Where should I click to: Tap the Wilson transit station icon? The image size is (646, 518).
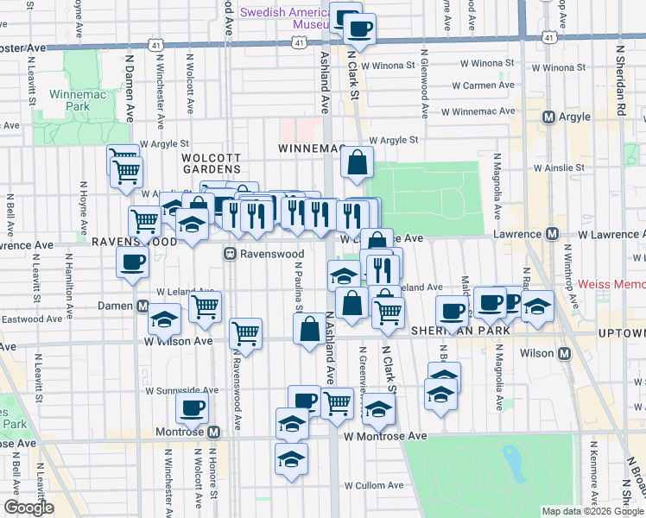coord(565,354)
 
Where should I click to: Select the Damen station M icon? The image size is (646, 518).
coord(142,306)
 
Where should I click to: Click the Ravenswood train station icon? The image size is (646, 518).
coord(231,254)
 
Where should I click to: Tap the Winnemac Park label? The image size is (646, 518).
coord(70,99)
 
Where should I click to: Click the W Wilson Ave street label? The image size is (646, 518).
coord(178,341)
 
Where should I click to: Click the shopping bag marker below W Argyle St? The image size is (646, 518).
coord(357,162)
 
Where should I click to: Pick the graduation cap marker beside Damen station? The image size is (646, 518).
coord(164,319)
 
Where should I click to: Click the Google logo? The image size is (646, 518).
coord(28,507)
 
